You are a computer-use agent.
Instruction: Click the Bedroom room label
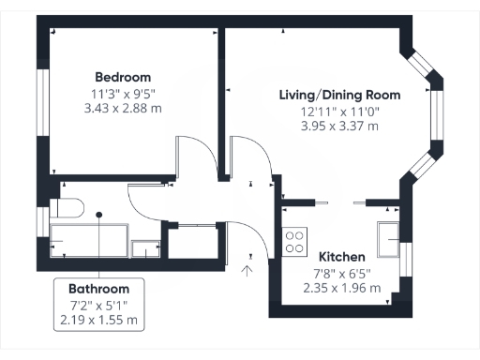[123, 77]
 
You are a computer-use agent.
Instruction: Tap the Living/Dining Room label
[339, 95]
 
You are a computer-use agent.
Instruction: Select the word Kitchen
[341, 257]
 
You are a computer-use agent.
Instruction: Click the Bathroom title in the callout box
[99, 288]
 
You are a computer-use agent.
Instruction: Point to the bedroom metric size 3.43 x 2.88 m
[123, 109]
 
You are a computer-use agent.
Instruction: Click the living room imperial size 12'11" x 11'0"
[339, 111]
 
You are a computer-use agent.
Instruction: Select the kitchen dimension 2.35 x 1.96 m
[341, 288]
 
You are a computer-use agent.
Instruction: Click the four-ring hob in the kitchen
[294, 242]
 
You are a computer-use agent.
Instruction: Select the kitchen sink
[388, 239]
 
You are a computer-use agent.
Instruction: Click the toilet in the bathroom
[67, 208]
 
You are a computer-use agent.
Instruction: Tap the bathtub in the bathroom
[89, 241]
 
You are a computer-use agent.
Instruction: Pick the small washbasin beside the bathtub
[144, 249]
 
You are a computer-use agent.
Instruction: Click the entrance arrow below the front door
[247, 272]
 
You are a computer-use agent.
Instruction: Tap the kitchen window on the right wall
[404, 258]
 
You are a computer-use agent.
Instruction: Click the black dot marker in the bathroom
[99, 215]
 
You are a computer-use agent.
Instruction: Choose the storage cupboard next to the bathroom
[193, 240]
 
